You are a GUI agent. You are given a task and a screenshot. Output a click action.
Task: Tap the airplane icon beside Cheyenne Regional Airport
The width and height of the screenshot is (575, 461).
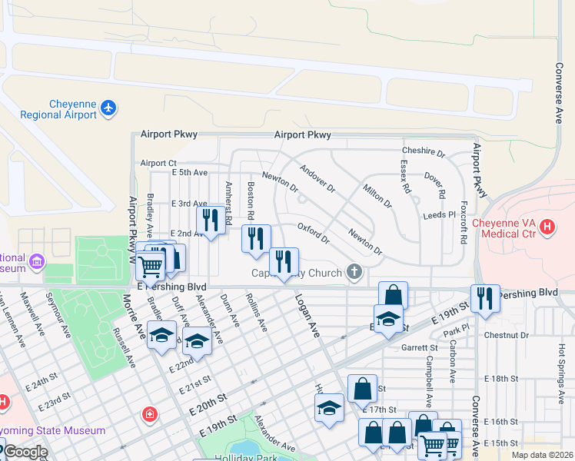click(108, 108)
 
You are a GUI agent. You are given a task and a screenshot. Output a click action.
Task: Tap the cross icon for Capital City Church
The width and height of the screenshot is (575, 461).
click(354, 271)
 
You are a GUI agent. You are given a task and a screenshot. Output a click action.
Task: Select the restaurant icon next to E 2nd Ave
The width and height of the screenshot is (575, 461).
click(210, 219)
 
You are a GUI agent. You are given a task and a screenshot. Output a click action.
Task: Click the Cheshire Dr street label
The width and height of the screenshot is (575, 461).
click(424, 153)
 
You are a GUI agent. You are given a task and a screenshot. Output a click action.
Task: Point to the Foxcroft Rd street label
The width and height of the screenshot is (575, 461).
click(463, 223)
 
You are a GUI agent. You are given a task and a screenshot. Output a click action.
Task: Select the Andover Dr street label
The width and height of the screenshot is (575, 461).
click(317, 178)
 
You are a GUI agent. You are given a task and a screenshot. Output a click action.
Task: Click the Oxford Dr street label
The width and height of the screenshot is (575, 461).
click(314, 234)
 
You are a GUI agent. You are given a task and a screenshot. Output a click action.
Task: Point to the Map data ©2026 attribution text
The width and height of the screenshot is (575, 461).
click(543, 455)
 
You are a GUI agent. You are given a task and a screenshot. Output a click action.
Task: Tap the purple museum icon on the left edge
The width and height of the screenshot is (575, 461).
click(36, 264)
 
